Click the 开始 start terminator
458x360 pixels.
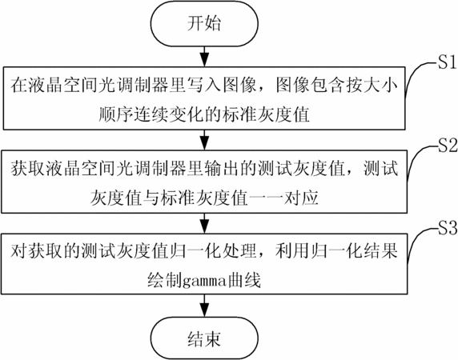click(204, 24)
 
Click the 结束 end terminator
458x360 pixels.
click(204, 338)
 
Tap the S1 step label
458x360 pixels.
click(447, 62)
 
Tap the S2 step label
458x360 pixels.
click(448, 146)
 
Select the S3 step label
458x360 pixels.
click(448, 228)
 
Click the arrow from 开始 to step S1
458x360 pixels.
click(204, 56)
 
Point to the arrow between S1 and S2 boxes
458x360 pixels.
click(204, 140)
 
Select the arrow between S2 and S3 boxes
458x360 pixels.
click(204, 223)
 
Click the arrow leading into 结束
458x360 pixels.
click(204, 306)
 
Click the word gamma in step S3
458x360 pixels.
click(204, 282)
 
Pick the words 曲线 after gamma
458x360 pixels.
click(243, 280)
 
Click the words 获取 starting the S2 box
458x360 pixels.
click(28, 168)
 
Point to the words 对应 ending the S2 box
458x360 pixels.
click(301, 198)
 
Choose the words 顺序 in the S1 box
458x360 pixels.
click(115, 114)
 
